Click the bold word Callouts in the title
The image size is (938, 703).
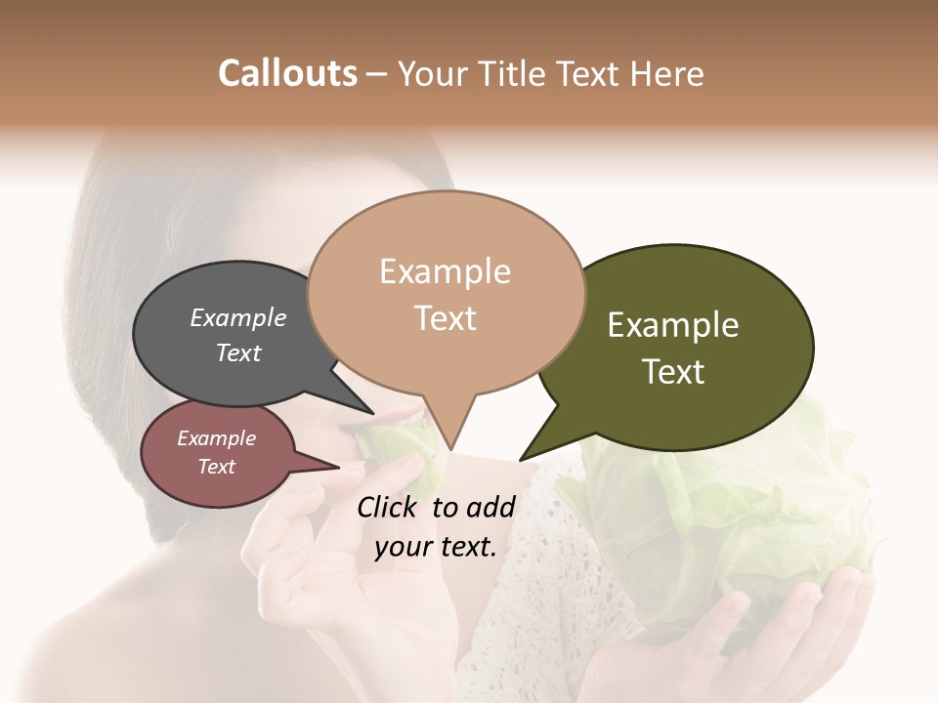pyautogui.click(x=287, y=73)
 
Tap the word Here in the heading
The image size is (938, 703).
pyautogui.click(x=663, y=74)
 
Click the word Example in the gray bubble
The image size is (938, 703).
pyautogui.click(x=238, y=317)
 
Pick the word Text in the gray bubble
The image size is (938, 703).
pyautogui.click(x=238, y=352)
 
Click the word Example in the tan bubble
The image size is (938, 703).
pyautogui.click(x=445, y=271)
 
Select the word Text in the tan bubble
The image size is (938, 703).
pyautogui.click(x=446, y=318)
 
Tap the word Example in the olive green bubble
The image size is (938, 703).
pyautogui.click(x=673, y=325)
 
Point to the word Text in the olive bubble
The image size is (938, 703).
pyautogui.click(x=673, y=372)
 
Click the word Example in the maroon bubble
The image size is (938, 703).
pyautogui.click(x=217, y=438)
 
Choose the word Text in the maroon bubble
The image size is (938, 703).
pyautogui.click(x=217, y=467)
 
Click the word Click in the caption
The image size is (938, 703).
pyautogui.click(x=389, y=507)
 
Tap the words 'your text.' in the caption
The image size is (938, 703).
pyautogui.click(x=436, y=547)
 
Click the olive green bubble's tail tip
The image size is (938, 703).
pyautogui.click(x=522, y=458)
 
